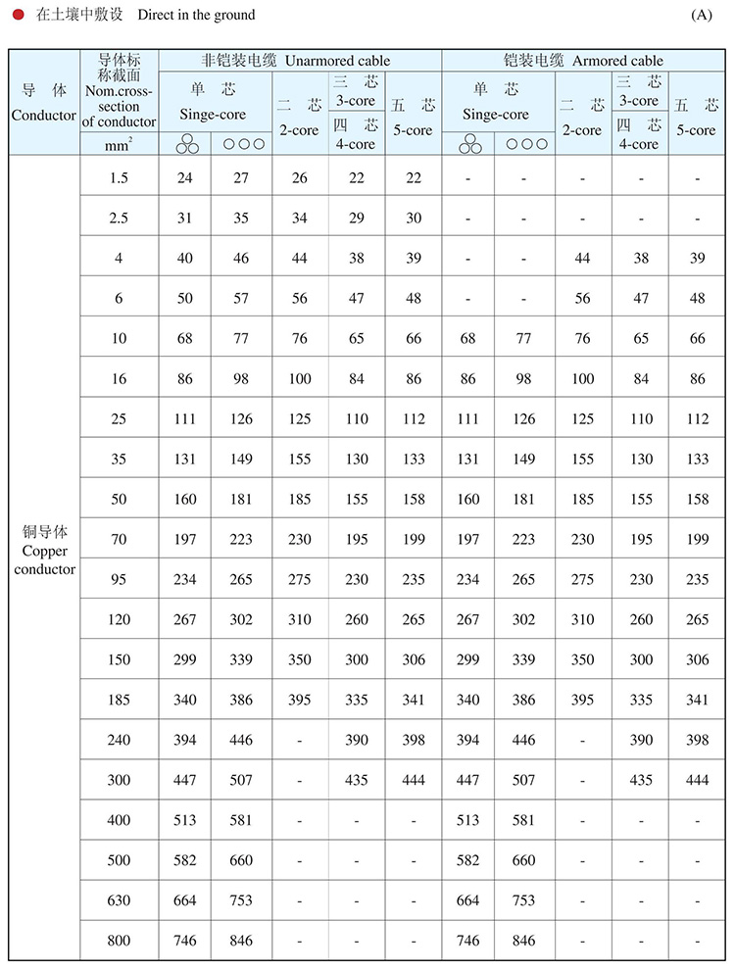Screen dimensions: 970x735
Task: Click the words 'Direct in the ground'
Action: pos(196,15)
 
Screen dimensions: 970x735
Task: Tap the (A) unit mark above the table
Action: pos(701,15)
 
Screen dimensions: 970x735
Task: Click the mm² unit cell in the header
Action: pos(119,143)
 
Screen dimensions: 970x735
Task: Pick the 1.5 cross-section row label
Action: pos(119,177)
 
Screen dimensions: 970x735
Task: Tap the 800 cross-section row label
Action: pos(119,941)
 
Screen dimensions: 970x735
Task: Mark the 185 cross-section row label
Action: pos(119,700)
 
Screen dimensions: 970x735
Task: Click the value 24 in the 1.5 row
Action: pos(185,177)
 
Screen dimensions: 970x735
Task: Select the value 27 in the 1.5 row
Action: pos(241,177)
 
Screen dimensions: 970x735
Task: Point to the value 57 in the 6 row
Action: pos(241,298)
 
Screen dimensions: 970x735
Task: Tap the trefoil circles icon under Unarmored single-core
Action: pos(186,144)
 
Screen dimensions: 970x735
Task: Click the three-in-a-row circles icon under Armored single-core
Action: pos(524,143)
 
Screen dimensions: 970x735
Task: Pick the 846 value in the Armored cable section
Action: pos(524,941)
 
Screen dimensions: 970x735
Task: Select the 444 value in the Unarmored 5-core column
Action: pos(414,780)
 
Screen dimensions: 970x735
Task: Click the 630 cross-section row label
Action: pos(119,900)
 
